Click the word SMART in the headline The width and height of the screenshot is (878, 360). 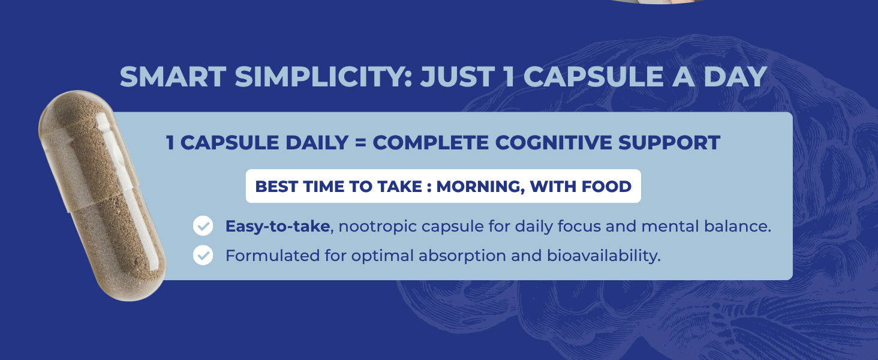point(173,76)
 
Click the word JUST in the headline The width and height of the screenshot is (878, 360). point(458,76)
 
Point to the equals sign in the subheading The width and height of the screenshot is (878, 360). point(360,143)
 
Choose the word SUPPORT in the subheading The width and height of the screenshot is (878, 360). point(669,142)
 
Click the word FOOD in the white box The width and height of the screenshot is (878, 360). point(606,186)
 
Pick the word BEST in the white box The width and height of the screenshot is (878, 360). point(276,186)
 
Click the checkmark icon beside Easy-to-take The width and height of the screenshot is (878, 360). point(203,226)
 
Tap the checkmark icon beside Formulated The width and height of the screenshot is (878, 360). point(203,255)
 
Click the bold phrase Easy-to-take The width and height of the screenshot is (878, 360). point(278,226)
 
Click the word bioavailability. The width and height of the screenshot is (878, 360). point(603,256)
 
